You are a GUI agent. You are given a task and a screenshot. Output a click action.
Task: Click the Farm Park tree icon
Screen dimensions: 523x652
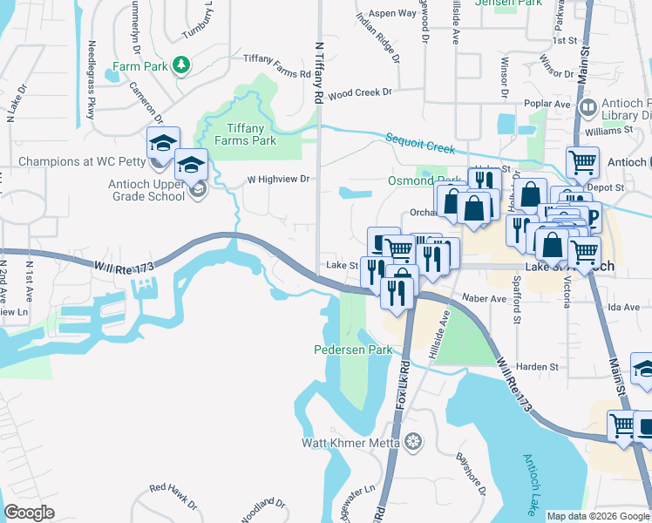(180, 65)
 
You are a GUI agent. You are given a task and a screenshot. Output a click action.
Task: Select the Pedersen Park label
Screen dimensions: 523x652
(353, 350)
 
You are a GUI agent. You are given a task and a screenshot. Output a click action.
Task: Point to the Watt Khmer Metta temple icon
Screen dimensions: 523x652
(412, 442)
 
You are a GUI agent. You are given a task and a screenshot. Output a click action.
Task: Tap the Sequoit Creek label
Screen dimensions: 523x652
(420, 143)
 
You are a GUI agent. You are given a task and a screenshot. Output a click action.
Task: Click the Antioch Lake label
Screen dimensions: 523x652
(530, 483)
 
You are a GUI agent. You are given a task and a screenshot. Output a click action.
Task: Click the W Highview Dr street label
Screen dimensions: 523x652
(279, 179)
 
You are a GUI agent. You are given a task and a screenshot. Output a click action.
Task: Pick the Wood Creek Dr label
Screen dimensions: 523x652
(361, 92)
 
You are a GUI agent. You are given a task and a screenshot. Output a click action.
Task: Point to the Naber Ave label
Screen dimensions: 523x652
(485, 298)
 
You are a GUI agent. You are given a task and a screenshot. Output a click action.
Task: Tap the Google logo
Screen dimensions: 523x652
(30, 513)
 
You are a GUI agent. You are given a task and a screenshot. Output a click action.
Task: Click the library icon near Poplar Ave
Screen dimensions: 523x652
(587, 108)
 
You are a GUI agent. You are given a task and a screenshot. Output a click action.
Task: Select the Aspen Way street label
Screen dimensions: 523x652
(393, 13)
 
